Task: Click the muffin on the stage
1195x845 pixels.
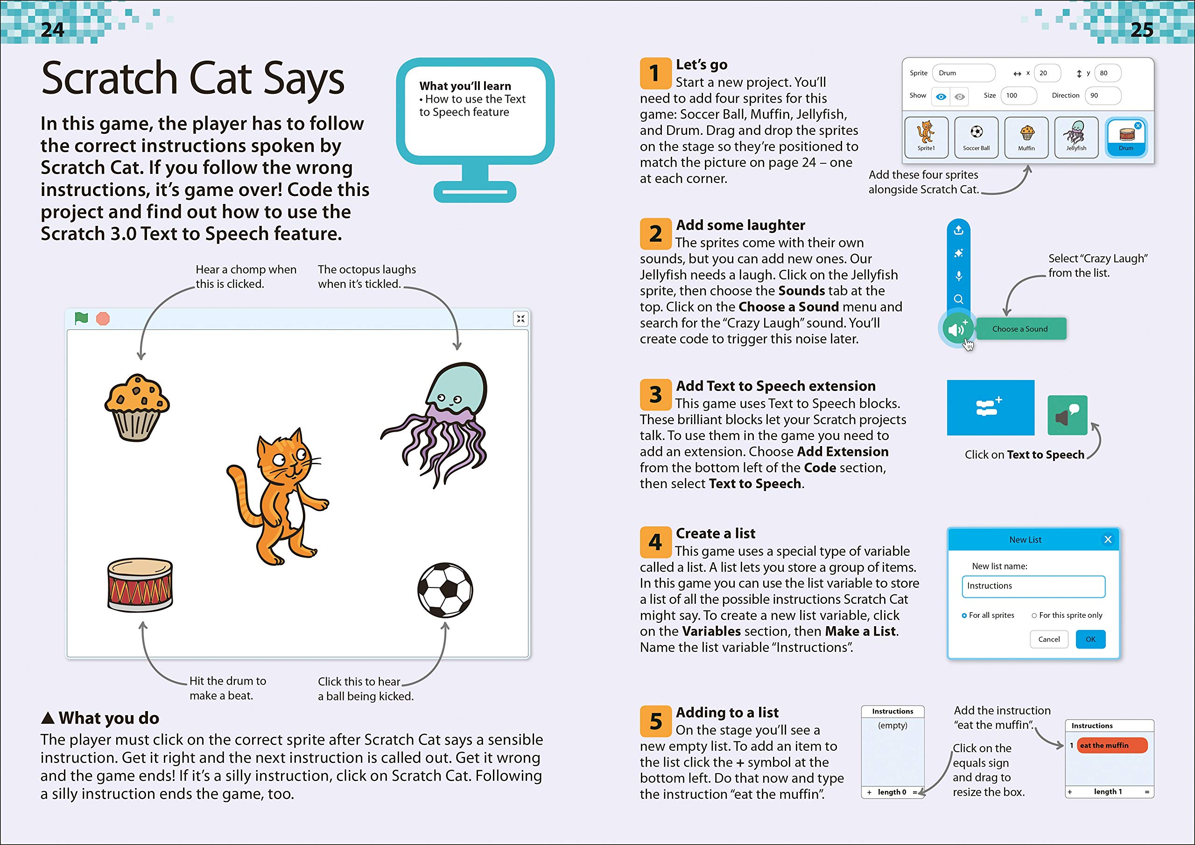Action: (137, 407)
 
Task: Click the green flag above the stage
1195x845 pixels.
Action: (81, 318)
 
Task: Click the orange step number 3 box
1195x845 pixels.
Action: (655, 395)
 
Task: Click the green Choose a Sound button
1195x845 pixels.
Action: (1020, 329)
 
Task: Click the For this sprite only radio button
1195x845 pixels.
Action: (1034, 615)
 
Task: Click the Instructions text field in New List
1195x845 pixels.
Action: (1033, 586)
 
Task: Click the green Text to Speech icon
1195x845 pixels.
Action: (1068, 415)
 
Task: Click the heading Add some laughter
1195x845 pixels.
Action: (740, 225)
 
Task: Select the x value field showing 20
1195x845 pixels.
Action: (1047, 73)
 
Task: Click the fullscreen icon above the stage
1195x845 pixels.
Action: (520, 318)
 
